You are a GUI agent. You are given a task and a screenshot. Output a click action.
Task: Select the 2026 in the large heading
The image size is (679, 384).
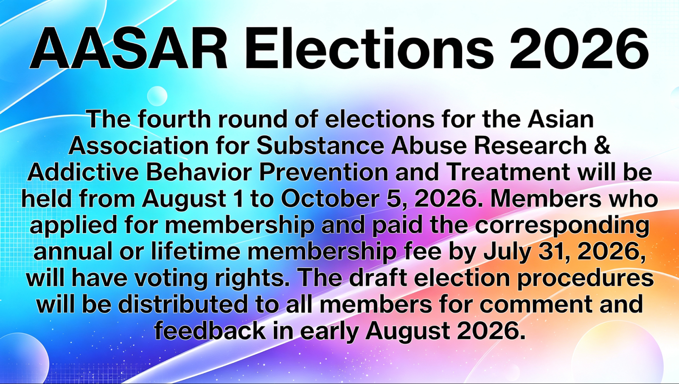[579, 48]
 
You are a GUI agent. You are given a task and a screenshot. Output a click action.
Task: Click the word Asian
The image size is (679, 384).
[561, 119]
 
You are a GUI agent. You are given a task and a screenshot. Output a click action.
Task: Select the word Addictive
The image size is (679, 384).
[83, 172]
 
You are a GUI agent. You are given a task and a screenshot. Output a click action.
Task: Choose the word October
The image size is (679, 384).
[330, 199]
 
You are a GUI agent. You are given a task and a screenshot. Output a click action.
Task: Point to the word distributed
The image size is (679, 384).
[183, 305]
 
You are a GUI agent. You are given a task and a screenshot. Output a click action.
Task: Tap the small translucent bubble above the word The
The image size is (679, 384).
[157, 96]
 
